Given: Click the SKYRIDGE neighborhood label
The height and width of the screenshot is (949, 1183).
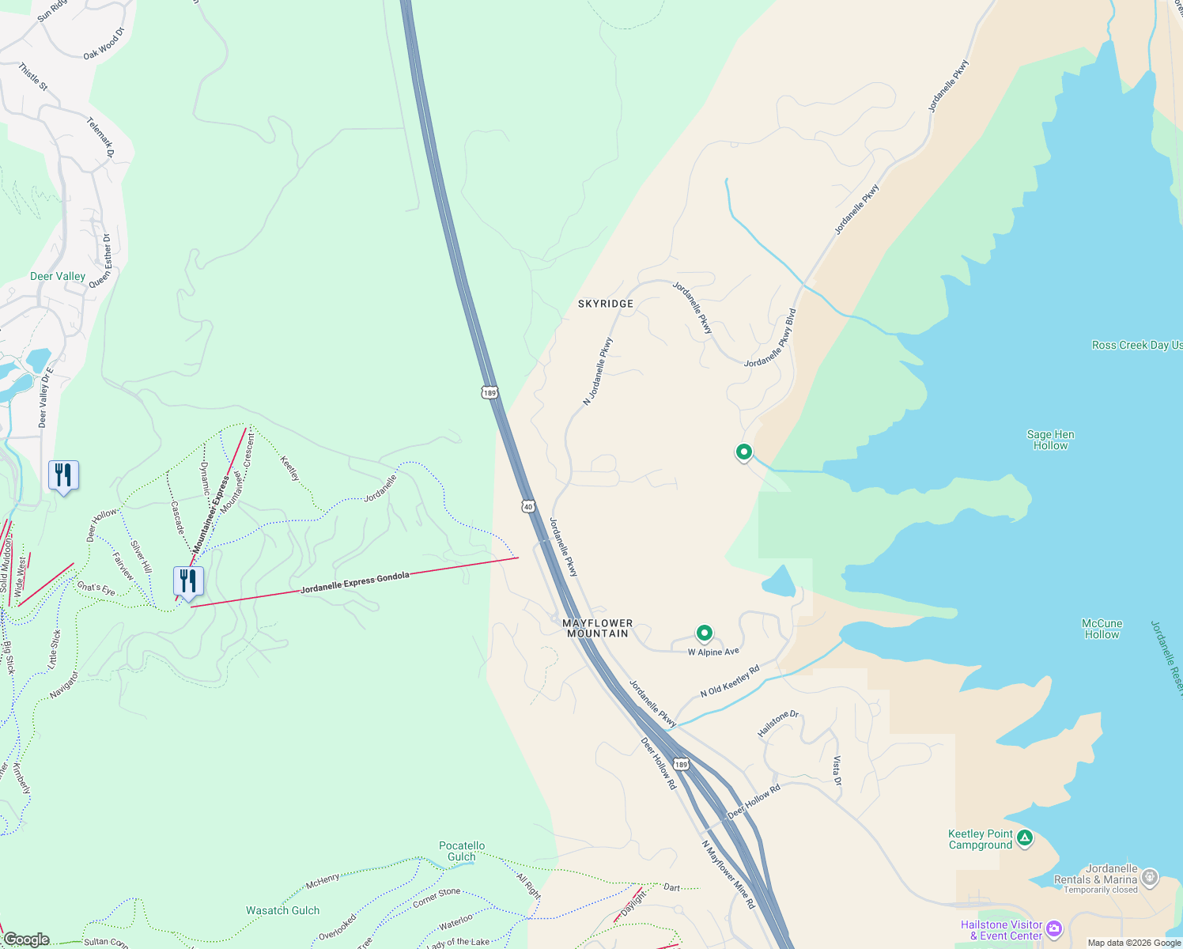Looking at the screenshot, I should point(606,304).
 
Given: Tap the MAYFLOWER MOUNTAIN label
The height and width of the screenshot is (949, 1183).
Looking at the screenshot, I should point(598,629).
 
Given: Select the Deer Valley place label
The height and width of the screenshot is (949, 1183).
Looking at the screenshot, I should point(58,276).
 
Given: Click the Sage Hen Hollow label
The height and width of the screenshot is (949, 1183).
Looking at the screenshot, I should point(1050,440).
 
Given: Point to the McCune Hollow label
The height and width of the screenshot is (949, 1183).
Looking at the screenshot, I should point(1102,629).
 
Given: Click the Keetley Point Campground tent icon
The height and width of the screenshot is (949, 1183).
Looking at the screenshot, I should point(1025,837).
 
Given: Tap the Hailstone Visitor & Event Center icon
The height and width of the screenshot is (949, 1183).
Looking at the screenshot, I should point(1053,928).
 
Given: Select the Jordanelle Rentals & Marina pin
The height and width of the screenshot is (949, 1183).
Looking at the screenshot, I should point(1150,878).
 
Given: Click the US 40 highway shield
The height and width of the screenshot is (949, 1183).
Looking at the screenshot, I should point(528,505).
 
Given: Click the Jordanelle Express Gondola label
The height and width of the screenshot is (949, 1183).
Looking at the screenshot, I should point(355,582).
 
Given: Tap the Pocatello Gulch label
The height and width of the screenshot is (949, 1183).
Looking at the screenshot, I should point(462,851).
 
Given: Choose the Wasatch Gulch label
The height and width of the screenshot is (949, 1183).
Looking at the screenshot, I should point(282,910).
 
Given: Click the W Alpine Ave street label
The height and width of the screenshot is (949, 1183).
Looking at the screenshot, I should point(713,652).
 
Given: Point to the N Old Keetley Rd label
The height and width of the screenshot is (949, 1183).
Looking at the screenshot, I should point(730,681).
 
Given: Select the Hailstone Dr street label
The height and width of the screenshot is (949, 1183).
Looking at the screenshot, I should point(778,724).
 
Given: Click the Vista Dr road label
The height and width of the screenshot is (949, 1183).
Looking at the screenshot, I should point(837,770).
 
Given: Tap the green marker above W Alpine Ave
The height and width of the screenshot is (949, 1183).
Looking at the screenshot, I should point(704,633).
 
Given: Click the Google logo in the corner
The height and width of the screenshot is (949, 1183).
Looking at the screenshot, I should point(26,940).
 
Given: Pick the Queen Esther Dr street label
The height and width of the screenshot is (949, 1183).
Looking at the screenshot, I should point(100,261).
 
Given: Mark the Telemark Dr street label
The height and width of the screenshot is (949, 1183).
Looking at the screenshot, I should point(100,137).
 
